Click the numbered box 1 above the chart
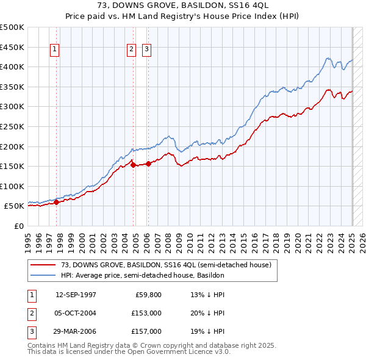pos(55,50)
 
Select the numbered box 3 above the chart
pos(147,50)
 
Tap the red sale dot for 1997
pos(56,202)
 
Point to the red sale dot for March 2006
pos(148,164)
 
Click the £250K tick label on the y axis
pos(12,126)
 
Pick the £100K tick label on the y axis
pos(12,186)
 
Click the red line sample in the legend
pos(43,264)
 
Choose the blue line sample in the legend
pos(43,275)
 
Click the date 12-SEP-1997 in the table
pos(76,295)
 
